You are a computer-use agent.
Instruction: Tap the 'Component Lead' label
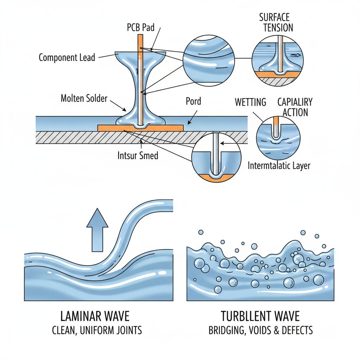coord(67,57)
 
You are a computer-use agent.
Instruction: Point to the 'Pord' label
coord(193,102)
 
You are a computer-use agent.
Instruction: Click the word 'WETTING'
coord(250,102)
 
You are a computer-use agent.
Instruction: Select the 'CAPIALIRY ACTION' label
coord(295,107)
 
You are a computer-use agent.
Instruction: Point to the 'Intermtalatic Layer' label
coord(279,165)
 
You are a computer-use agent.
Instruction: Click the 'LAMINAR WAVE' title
coord(95,316)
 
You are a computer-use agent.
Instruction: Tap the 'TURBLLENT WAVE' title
coord(260,316)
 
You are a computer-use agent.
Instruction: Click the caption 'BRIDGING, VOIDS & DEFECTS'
coord(260,330)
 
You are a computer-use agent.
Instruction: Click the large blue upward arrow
coord(97,229)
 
